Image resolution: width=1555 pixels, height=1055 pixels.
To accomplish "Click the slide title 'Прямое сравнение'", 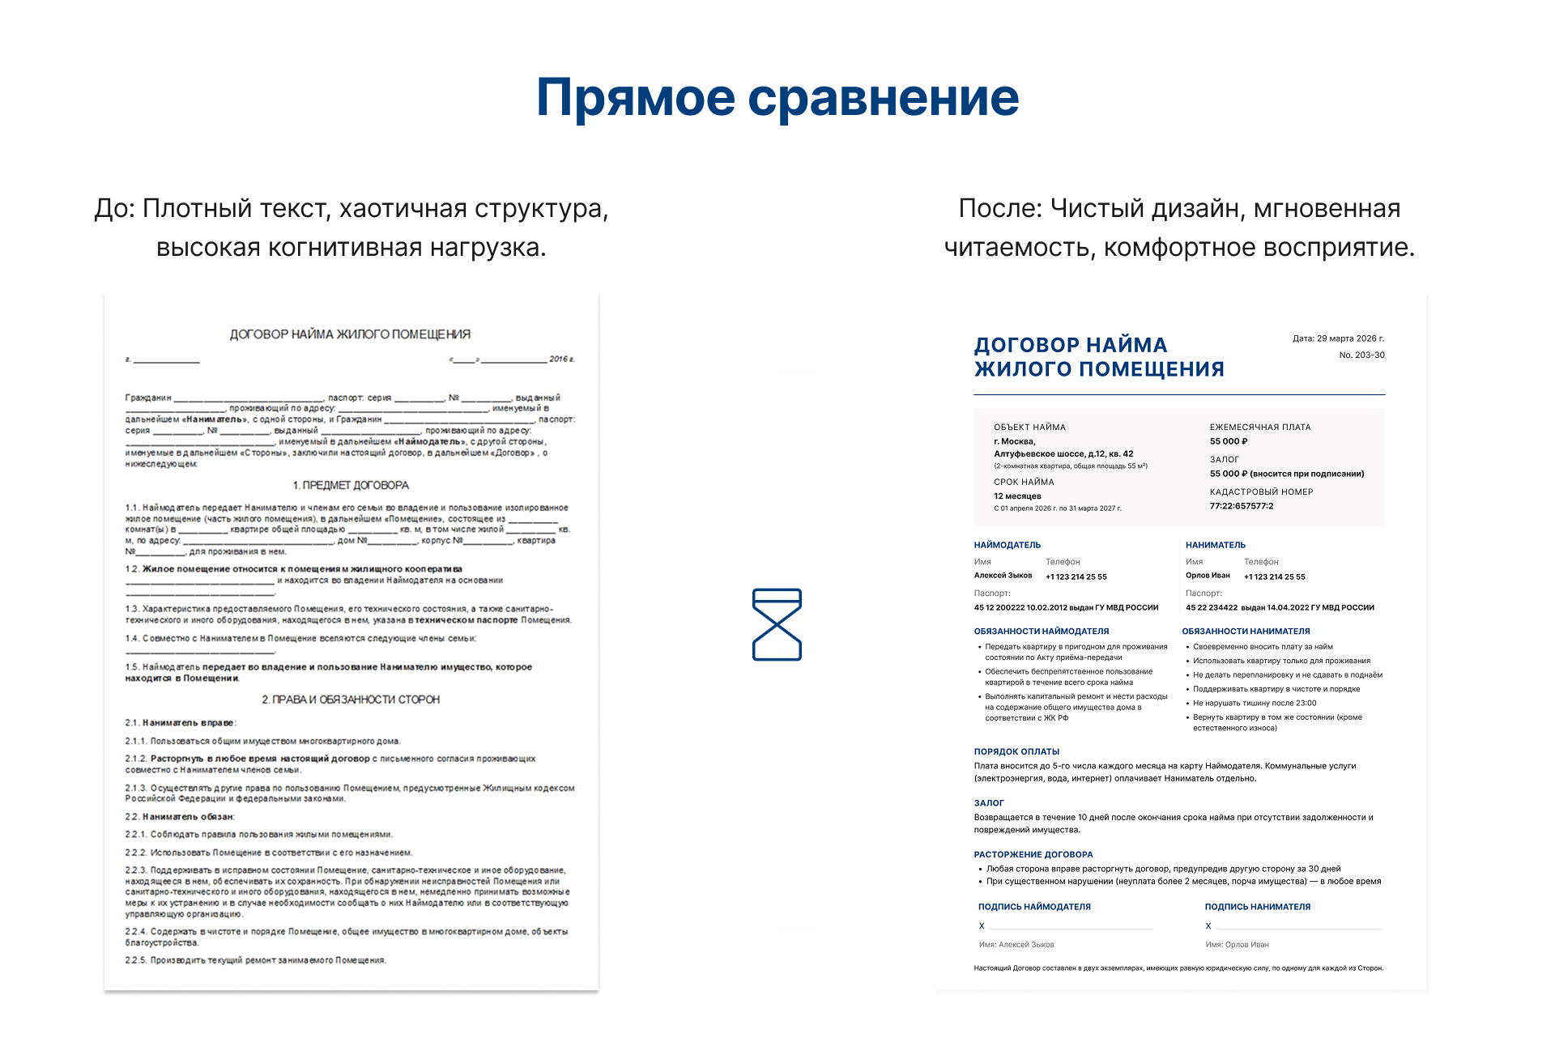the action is tap(777, 98).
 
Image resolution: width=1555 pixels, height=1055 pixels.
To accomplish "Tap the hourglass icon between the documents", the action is tap(777, 624).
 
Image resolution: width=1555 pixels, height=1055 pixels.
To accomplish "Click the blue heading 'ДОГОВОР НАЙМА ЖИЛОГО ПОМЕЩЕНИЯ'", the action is tap(1099, 357).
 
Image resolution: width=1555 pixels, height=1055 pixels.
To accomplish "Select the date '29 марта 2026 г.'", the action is tap(1350, 338).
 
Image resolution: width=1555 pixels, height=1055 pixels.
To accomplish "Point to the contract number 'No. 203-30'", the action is tap(1361, 355).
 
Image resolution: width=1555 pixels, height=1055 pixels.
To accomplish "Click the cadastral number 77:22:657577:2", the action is tap(1241, 506).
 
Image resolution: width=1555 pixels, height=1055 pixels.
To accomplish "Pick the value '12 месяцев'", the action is tap(1017, 496).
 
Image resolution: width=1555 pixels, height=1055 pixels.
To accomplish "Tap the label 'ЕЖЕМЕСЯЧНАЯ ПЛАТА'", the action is tap(1259, 427).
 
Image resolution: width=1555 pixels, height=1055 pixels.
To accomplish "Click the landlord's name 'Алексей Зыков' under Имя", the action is tap(1003, 576).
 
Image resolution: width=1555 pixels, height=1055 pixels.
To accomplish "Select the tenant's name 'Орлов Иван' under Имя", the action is tap(1208, 576).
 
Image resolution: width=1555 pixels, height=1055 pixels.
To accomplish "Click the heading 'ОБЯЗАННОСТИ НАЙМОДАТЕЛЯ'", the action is tap(1042, 631).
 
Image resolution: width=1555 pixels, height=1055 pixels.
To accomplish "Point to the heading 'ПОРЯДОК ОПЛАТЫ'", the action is tap(1016, 751).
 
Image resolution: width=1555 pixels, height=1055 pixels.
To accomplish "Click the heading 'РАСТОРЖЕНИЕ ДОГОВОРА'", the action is tap(1033, 854).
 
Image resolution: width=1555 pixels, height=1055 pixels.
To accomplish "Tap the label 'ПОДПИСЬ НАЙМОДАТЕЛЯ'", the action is tap(1034, 907).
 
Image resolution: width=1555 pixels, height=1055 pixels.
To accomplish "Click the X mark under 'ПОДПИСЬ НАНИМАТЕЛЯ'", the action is tap(1208, 926).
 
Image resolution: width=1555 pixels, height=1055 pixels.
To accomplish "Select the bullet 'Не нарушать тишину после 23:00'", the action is tap(1255, 703).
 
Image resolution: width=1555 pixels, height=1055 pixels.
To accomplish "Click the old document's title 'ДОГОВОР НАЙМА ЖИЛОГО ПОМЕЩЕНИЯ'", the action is tap(350, 334).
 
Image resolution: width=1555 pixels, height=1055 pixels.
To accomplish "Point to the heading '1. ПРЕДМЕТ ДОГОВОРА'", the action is tap(351, 485).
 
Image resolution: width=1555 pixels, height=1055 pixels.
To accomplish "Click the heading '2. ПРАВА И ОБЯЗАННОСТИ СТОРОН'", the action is tap(351, 700).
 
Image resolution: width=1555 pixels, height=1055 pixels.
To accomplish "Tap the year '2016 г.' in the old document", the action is tap(561, 359).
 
